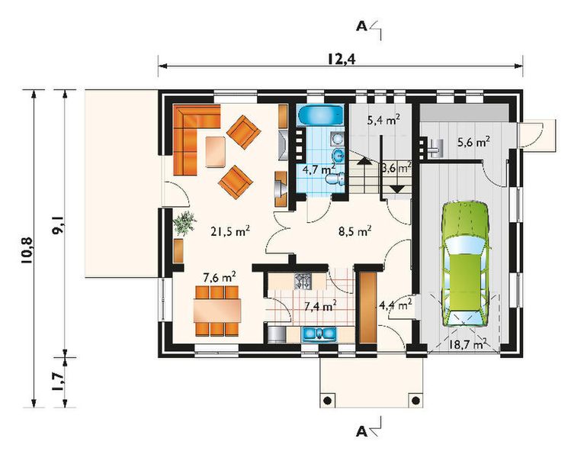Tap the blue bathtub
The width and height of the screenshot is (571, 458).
click(x=313, y=118)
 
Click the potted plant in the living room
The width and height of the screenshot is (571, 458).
click(x=184, y=224)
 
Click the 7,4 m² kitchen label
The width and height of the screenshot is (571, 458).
click(x=320, y=307)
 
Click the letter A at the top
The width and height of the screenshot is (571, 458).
click(x=361, y=26)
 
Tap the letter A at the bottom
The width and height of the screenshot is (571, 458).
click(x=361, y=432)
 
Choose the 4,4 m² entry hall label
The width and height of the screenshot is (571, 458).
click(x=395, y=305)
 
